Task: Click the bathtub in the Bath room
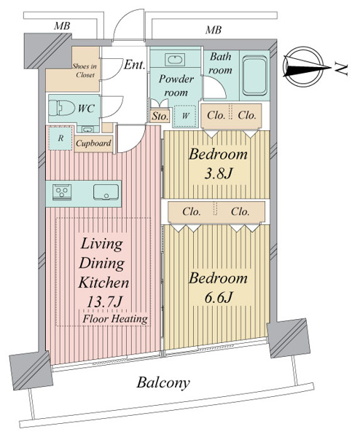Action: click(254, 76)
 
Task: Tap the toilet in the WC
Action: click(61, 108)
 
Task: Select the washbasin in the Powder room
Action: click(175, 60)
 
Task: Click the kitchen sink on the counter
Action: click(106, 192)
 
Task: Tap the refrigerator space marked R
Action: click(60, 138)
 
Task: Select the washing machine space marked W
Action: click(185, 116)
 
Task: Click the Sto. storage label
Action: click(160, 117)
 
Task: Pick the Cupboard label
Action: click(93, 143)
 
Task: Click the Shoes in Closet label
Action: click(85, 71)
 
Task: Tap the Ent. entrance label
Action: click(134, 65)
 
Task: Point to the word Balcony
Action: click(163, 383)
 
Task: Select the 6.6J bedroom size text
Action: click(218, 298)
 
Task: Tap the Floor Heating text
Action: click(115, 318)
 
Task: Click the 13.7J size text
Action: click(104, 302)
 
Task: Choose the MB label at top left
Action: click(62, 26)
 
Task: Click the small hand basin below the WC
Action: click(87, 130)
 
